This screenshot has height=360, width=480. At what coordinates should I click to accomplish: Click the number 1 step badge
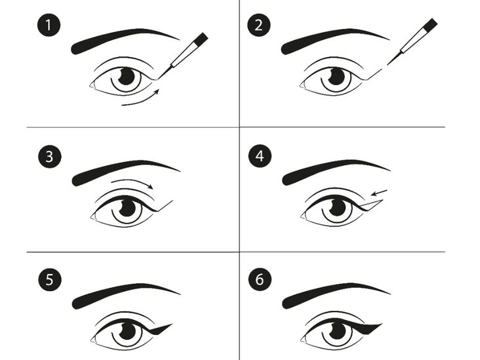point(49,25)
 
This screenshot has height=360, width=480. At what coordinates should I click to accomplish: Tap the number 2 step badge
point(259,25)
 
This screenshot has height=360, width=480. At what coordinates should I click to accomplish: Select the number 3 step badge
point(50,157)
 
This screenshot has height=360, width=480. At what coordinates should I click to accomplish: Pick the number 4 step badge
point(260,156)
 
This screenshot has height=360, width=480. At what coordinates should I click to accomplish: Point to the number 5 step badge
point(50,280)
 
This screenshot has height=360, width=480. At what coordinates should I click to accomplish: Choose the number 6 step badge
point(260,279)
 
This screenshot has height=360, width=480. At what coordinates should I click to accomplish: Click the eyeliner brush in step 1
point(184,55)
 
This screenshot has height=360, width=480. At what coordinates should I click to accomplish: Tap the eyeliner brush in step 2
point(412,41)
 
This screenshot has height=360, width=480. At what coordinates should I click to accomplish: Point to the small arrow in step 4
point(378,193)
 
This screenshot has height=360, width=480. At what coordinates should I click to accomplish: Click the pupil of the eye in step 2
point(336,76)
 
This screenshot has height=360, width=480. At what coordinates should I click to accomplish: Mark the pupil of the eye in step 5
point(126,331)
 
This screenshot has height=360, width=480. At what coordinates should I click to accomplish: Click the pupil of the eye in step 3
point(126,208)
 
